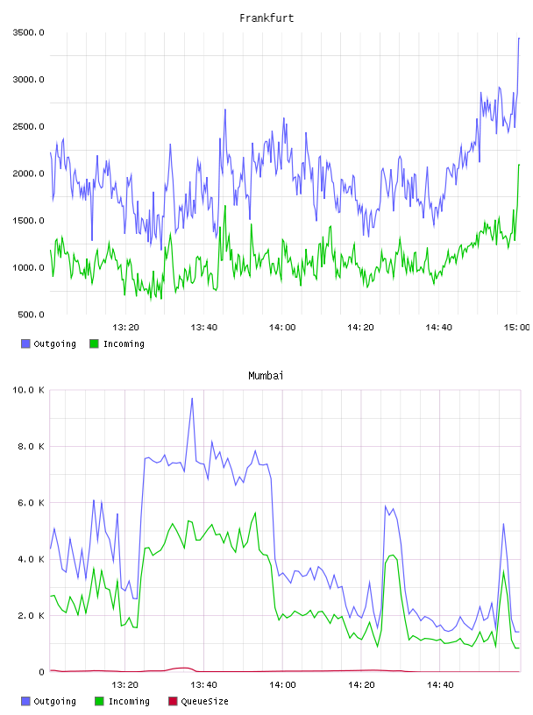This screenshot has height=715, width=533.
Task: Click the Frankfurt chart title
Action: coord(266,18)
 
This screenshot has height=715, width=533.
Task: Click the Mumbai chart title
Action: coord(266,376)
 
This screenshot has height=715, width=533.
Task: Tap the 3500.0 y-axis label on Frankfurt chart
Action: coord(29,32)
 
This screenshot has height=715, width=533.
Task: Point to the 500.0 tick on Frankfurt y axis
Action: coord(31,315)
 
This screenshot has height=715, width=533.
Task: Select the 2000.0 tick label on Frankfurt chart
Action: coord(29,173)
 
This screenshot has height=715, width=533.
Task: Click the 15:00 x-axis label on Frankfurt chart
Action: coord(516,328)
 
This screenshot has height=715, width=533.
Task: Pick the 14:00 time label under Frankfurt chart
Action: coord(282,328)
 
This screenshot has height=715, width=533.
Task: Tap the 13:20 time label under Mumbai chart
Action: coord(125,685)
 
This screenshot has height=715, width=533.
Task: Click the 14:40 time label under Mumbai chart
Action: coord(440,685)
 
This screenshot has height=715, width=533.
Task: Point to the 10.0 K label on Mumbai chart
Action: coord(29,390)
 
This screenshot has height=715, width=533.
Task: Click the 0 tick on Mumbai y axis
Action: coord(41,672)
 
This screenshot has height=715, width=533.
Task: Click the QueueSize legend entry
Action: coord(198,701)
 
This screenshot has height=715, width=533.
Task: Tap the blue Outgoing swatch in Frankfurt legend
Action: coord(25,343)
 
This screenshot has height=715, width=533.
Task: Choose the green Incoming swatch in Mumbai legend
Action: coord(99,701)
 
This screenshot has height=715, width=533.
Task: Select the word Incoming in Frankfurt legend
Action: coord(124,343)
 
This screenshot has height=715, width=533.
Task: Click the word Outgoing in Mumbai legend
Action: coord(54,701)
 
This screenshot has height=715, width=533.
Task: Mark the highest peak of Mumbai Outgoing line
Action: coord(192,398)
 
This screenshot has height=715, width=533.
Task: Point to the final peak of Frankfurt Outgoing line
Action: coord(519,39)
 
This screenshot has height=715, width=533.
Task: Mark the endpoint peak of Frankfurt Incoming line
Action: coord(519,165)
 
